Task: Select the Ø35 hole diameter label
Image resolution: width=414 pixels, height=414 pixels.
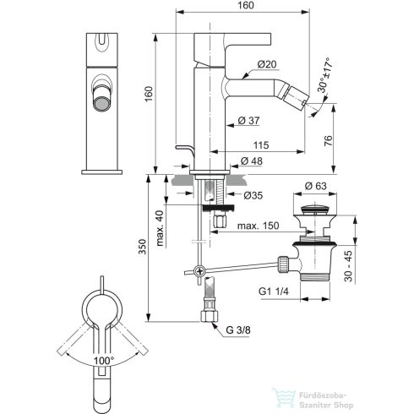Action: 254,195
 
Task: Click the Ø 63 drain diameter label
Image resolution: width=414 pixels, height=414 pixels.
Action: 316,185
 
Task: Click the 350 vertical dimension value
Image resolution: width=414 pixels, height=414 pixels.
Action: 144,248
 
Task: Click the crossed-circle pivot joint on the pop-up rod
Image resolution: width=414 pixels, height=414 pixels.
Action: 197,271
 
